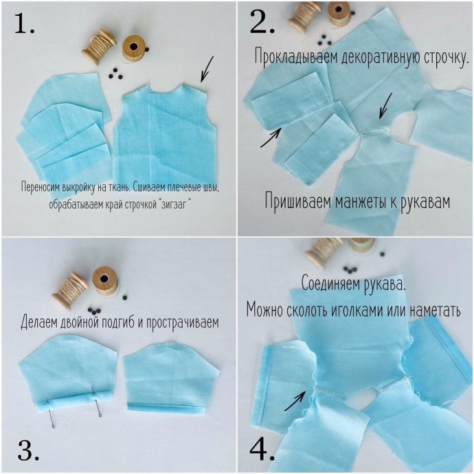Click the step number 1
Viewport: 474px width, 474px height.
(x=24, y=25)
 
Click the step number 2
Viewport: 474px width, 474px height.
(x=262, y=23)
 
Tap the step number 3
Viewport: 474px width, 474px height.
(x=28, y=450)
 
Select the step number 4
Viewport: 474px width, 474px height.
(x=262, y=451)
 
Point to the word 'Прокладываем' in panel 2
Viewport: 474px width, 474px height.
(x=296, y=56)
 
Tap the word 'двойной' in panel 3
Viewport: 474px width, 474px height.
(x=80, y=321)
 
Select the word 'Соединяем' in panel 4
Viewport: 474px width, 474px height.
(x=331, y=284)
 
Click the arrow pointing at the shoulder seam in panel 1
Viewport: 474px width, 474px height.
(x=207, y=69)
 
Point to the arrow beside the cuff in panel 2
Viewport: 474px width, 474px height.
(x=271, y=137)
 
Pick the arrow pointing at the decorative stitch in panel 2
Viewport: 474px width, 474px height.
(x=385, y=106)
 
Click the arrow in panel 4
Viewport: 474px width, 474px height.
(x=295, y=401)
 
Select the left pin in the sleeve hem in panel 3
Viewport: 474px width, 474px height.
(x=50, y=414)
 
